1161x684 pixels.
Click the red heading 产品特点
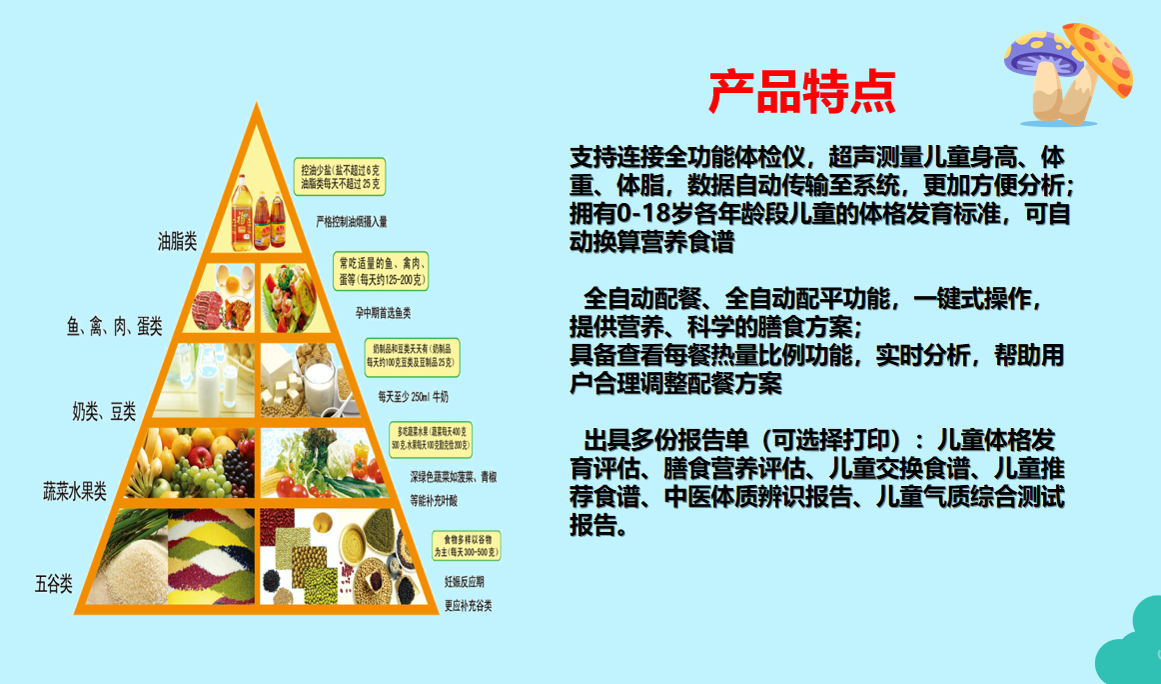[x=801, y=92]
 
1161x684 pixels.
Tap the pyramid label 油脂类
[x=178, y=241]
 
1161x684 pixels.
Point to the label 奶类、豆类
[x=104, y=411]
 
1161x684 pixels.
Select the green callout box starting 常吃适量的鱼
[x=382, y=270]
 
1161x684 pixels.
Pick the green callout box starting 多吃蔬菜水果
[x=430, y=437]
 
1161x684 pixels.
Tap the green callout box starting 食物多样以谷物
[x=466, y=545]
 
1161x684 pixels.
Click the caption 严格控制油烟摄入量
[x=352, y=221]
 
